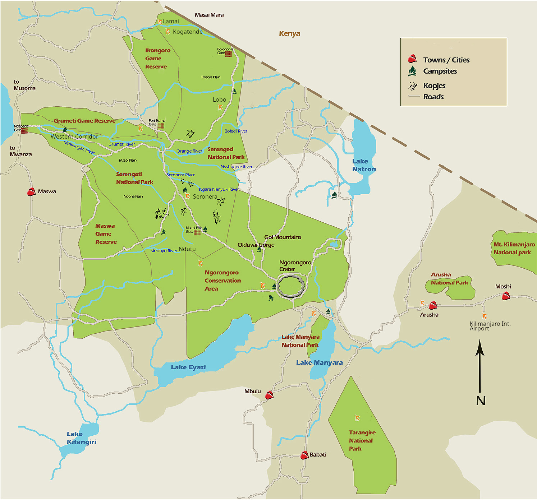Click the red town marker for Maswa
(x=31, y=192)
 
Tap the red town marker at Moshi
(x=506, y=296)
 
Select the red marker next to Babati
(x=304, y=455)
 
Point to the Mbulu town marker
(x=269, y=395)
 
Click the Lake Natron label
(x=364, y=165)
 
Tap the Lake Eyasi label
(x=188, y=367)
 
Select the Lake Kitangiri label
(x=81, y=438)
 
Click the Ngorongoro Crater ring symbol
(x=291, y=286)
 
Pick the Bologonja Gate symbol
(x=228, y=54)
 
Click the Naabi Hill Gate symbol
(x=197, y=232)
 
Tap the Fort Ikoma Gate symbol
(x=161, y=125)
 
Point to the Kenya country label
(x=289, y=33)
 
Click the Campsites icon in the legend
(x=412, y=71)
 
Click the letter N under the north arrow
(x=481, y=401)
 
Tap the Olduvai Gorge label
(x=256, y=245)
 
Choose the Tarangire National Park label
(x=362, y=440)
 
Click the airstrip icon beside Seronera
(x=187, y=196)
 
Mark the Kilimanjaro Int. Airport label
(x=490, y=326)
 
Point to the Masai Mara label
(x=209, y=15)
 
